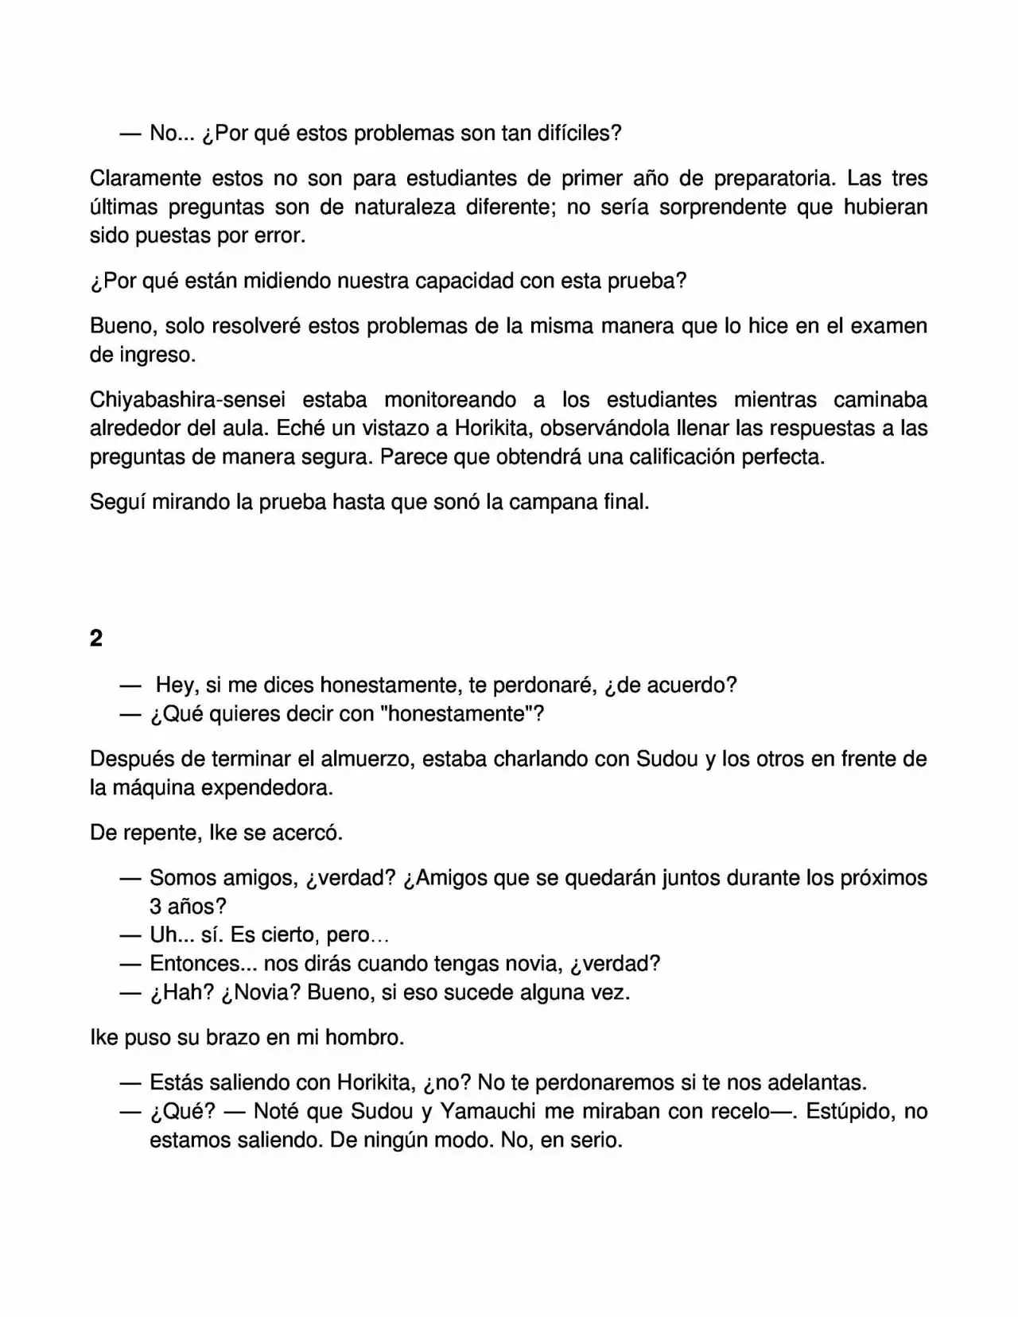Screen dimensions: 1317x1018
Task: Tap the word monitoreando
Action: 450,399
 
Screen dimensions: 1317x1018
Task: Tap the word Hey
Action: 173,685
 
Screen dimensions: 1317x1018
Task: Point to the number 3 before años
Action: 156,907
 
